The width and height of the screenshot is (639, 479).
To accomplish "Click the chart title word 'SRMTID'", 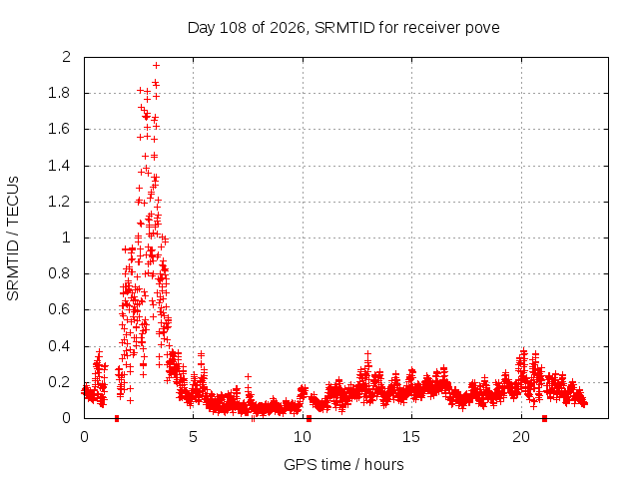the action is pyautogui.click(x=344, y=28).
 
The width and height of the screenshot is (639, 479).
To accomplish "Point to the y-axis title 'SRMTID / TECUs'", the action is pyautogui.click(x=13, y=239).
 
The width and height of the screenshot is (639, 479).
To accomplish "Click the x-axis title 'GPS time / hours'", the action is pyautogui.click(x=343, y=464).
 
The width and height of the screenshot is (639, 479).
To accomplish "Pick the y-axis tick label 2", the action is pyautogui.click(x=66, y=57).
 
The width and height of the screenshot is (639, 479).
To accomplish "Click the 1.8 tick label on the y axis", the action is pyautogui.click(x=60, y=93).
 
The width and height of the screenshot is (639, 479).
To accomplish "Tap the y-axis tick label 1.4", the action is pyautogui.click(x=60, y=166).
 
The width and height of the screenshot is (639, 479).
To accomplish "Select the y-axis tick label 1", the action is pyautogui.click(x=67, y=238).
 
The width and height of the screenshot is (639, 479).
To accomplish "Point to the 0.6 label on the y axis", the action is pyautogui.click(x=60, y=309).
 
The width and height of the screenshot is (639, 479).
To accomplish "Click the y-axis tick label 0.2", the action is pyautogui.click(x=60, y=382).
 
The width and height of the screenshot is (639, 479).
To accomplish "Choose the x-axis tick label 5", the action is pyautogui.click(x=193, y=437).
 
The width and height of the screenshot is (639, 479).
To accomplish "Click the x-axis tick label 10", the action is pyautogui.click(x=303, y=437).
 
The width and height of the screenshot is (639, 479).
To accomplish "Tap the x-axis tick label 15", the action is pyautogui.click(x=411, y=437).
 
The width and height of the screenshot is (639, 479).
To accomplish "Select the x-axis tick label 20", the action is pyautogui.click(x=521, y=437).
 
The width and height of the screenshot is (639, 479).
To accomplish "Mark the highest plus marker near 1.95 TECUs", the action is pyautogui.click(x=156, y=65).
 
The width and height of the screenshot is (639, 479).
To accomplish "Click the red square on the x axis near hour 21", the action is pyautogui.click(x=544, y=418).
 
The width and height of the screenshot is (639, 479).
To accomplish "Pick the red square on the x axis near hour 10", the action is pyautogui.click(x=309, y=418).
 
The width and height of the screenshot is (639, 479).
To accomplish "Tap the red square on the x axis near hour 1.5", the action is pyautogui.click(x=117, y=418).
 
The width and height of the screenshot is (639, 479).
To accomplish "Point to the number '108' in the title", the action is pyautogui.click(x=233, y=28).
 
